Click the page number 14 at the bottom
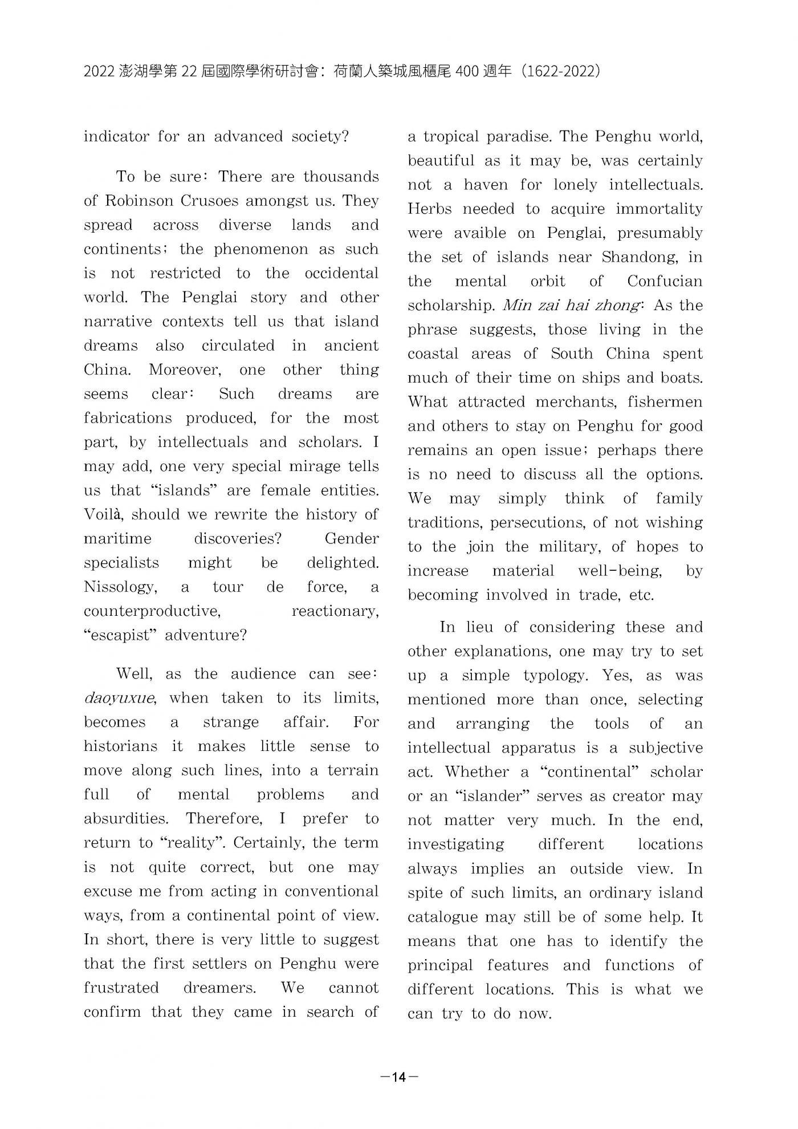pos(399,1077)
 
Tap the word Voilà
pos(105,514)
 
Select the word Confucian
pos(665,281)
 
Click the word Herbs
pos(429,209)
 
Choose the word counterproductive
pos(152,611)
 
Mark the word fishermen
pos(665,402)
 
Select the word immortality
pos(659,209)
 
